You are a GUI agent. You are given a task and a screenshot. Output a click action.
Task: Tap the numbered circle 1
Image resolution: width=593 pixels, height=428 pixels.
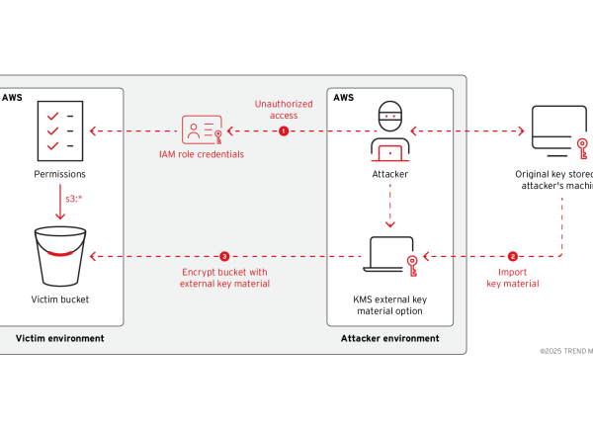click(284, 130)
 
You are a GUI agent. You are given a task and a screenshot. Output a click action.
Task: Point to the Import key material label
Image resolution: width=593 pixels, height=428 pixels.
click(513, 278)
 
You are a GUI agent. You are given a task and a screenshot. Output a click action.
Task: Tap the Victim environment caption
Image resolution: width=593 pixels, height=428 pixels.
click(58, 338)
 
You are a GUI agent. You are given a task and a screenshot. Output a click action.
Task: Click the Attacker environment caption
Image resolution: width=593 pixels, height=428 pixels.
click(388, 338)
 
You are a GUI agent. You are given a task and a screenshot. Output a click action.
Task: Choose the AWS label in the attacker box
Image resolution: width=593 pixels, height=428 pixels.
click(343, 98)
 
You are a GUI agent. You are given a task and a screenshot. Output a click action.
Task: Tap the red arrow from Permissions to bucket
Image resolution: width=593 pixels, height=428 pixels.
click(59, 202)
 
